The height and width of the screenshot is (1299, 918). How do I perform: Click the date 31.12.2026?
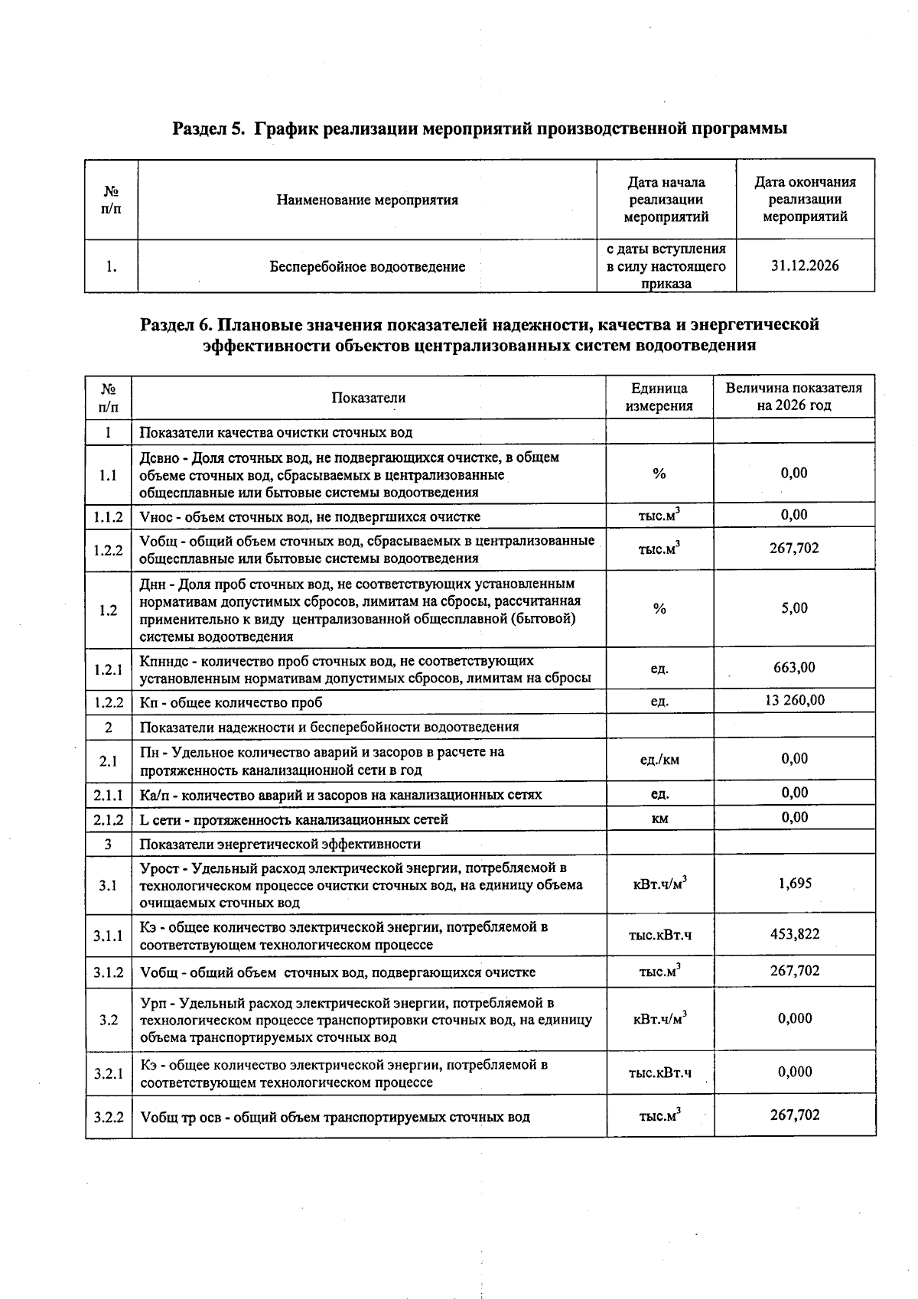pos(805,266)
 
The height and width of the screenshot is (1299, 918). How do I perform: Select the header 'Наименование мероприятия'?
pos(367,200)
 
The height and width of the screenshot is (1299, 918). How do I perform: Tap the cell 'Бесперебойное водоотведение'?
pos(367,267)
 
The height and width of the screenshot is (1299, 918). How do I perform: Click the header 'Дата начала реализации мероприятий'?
pos(666,200)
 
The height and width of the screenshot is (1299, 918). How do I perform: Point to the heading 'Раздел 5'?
pos(208,129)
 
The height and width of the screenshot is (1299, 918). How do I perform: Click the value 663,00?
pos(794,667)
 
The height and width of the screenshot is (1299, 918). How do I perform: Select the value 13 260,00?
pos(794,700)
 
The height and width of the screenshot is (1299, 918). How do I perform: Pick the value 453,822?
pos(794,933)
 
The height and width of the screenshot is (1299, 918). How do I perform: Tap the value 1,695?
pos(794,884)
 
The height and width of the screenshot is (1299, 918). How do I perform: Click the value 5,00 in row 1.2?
pos(794,608)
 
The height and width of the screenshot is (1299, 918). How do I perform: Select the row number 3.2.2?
pos(109,1117)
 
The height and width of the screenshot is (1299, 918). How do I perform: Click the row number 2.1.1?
pos(109,795)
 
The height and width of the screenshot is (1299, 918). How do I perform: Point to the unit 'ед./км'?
pos(659,760)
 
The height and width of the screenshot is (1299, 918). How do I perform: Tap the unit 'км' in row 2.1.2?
pos(659,819)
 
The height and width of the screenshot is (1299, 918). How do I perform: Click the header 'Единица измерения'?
pos(659,397)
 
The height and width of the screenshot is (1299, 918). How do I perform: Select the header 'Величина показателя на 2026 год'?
pos(794,396)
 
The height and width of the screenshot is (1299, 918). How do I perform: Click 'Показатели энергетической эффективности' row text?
pos(280,845)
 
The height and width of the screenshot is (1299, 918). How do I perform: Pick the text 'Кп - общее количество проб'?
pos(231,702)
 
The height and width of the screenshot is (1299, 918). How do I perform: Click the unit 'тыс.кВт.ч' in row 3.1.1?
pos(659,935)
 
